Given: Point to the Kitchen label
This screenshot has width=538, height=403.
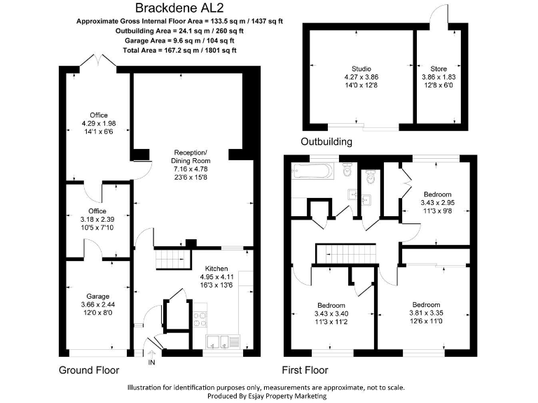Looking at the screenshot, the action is click(216, 269).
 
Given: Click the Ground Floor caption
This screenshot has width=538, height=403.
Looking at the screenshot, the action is click(89, 370).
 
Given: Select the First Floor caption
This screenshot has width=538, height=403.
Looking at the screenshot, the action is click(305, 370).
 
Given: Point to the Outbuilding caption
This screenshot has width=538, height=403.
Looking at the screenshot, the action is click(326, 142).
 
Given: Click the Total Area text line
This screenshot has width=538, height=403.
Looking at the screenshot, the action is click(179, 50).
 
